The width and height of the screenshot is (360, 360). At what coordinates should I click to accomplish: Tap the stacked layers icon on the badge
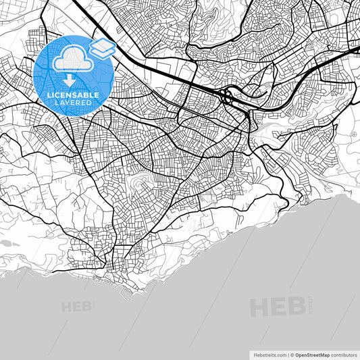coord(103,49)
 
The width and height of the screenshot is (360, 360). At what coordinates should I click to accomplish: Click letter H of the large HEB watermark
coord(260,307)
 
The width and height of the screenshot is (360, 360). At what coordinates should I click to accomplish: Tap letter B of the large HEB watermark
coord(297,307)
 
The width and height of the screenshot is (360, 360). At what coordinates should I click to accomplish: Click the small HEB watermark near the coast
coord(76,306)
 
